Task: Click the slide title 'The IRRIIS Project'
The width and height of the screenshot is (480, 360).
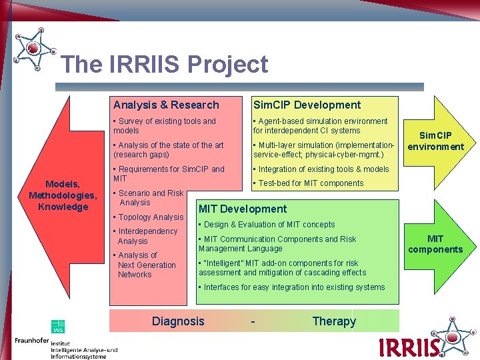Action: tap(164, 65)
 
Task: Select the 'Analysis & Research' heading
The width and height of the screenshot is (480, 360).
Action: tap(166, 105)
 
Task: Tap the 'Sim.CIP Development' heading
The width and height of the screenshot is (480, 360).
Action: tap(307, 105)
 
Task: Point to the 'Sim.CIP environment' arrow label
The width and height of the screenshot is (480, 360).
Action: tap(435, 141)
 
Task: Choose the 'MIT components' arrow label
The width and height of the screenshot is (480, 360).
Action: tap(435, 244)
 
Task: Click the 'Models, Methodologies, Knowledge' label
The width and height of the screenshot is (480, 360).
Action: tap(63, 195)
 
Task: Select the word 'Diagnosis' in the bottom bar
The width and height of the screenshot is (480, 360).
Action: tap(178, 321)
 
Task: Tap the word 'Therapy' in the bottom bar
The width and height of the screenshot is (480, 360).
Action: tap(334, 321)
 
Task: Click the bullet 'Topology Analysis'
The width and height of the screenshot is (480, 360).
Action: tap(150, 217)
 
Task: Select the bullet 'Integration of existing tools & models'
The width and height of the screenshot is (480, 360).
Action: tap(323, 169)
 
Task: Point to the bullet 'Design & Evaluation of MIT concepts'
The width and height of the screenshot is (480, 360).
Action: tap(260, 225)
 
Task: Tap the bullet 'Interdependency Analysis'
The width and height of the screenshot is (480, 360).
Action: tap(147, 236)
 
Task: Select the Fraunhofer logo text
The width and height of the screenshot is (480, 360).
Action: tap(31, 341)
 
